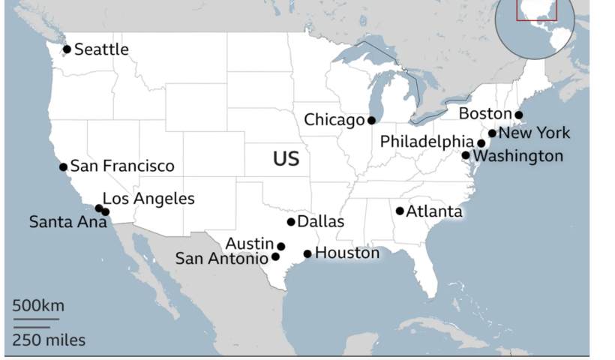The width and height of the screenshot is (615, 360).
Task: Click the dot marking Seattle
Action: pos(67,49)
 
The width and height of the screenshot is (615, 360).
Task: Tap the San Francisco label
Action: pos(121,166)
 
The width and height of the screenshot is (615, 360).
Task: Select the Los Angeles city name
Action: pos(148,199)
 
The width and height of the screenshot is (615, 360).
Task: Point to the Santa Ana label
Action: pos(63,222)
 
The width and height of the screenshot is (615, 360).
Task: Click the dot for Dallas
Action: pos(291,222)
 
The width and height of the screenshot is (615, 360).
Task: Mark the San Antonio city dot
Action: pos(275,256)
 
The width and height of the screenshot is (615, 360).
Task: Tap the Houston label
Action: pos(347,253)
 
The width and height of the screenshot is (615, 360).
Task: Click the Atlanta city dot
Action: pos(400,211)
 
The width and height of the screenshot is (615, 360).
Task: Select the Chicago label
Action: pos(334,120)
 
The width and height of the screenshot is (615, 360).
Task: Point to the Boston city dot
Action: pos(518,115)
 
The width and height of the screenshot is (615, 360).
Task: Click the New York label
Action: pos(534,133)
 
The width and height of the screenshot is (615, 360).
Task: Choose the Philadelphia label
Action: pos(427,142)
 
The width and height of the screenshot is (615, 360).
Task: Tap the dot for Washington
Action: pos(465,155)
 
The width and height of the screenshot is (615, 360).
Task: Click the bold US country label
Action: pos(286,159)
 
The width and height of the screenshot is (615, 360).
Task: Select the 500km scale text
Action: pos(37,305)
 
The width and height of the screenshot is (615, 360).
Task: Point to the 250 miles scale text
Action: pos(48,340)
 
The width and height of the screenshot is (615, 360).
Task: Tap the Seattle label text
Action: pos(101,49)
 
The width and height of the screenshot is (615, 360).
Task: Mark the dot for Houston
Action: pos(307,253)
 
